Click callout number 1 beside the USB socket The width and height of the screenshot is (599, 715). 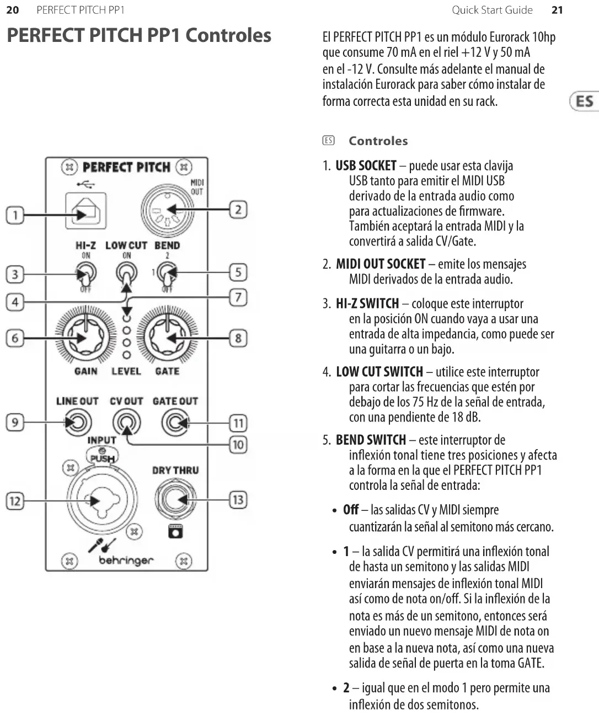pyautogui.click(x=15, y=215)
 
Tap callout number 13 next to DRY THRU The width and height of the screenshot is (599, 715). pyautogui.click(x=238, y=500)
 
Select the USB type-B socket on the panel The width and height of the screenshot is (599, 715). pyautogui.click(x=85, y=211)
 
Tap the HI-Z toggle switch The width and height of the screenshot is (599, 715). pyautogui.click(x=87, y=272)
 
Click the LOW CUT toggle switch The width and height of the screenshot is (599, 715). pyautogui.click(x=126, y=272)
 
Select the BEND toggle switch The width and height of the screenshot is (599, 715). pyautogui.click(x=166, y=272)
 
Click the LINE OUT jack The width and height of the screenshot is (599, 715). pyautogui.click(x=77, y=423)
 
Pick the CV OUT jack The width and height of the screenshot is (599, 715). pyautogui.click(x=126, y=423)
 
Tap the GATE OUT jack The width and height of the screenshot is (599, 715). pyautogui.click(x=175, y=423)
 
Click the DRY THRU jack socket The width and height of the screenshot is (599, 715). pyautogui.click(x=175, y=499)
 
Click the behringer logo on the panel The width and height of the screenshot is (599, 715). pyautogui.click(x=126, y=561)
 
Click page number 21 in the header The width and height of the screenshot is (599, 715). pyautogui.click(x=557, y=10)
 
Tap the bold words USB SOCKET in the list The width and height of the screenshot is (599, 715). pyautogui.click(x=366, y=166)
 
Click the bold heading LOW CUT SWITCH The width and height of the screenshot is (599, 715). pyautogui.click(x=379, y=372)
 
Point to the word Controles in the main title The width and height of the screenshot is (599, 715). pyautogui.click(x=228, y=35)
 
